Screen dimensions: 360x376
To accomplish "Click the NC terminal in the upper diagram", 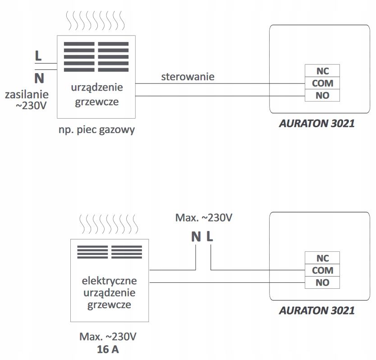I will pyautogui.click(x=322, y=71).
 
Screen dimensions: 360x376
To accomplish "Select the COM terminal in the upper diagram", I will pyautogui.click(x=322, y=83).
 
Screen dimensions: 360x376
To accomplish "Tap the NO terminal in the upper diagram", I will pyautogui.click(x=322, y=95).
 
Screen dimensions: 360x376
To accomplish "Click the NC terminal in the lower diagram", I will pyautogui.click(x=322, y=258).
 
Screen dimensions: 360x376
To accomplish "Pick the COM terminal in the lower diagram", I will pyautogui.click(x=322, y=270).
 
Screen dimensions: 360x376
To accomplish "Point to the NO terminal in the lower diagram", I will pyautogui.click(x=322, y=282).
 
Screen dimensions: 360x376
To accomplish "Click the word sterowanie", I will pyautogui.click(x=188, y=76).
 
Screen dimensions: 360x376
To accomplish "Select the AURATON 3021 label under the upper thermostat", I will pyautogui.click(x=316, y=123).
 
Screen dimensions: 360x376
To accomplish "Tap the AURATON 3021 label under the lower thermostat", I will pyautogui.click(x=316, y=310).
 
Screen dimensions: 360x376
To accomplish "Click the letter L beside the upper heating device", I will pyautogui.click(x=38, y=56).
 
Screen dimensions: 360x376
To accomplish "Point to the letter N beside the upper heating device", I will pyautogui.click(x=39, y=78).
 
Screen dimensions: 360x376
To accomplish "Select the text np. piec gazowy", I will pyautogui.click(x=96, y=130).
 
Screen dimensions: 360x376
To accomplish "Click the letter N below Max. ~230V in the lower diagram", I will pyautogui.click(x=196, y=236).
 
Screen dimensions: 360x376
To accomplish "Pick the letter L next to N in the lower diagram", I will pyautogui.click(x=210, y=236).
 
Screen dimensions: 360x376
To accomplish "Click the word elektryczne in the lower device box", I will pyautogui.click(x=109, y=281).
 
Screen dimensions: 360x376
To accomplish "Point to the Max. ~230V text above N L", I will pyautogui.click(x=204, y=218).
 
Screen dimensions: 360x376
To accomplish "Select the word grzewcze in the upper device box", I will pyautogui.click(x=96, y=102).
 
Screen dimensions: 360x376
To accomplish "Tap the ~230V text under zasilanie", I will pyautogui.click(x=30, y=107).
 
